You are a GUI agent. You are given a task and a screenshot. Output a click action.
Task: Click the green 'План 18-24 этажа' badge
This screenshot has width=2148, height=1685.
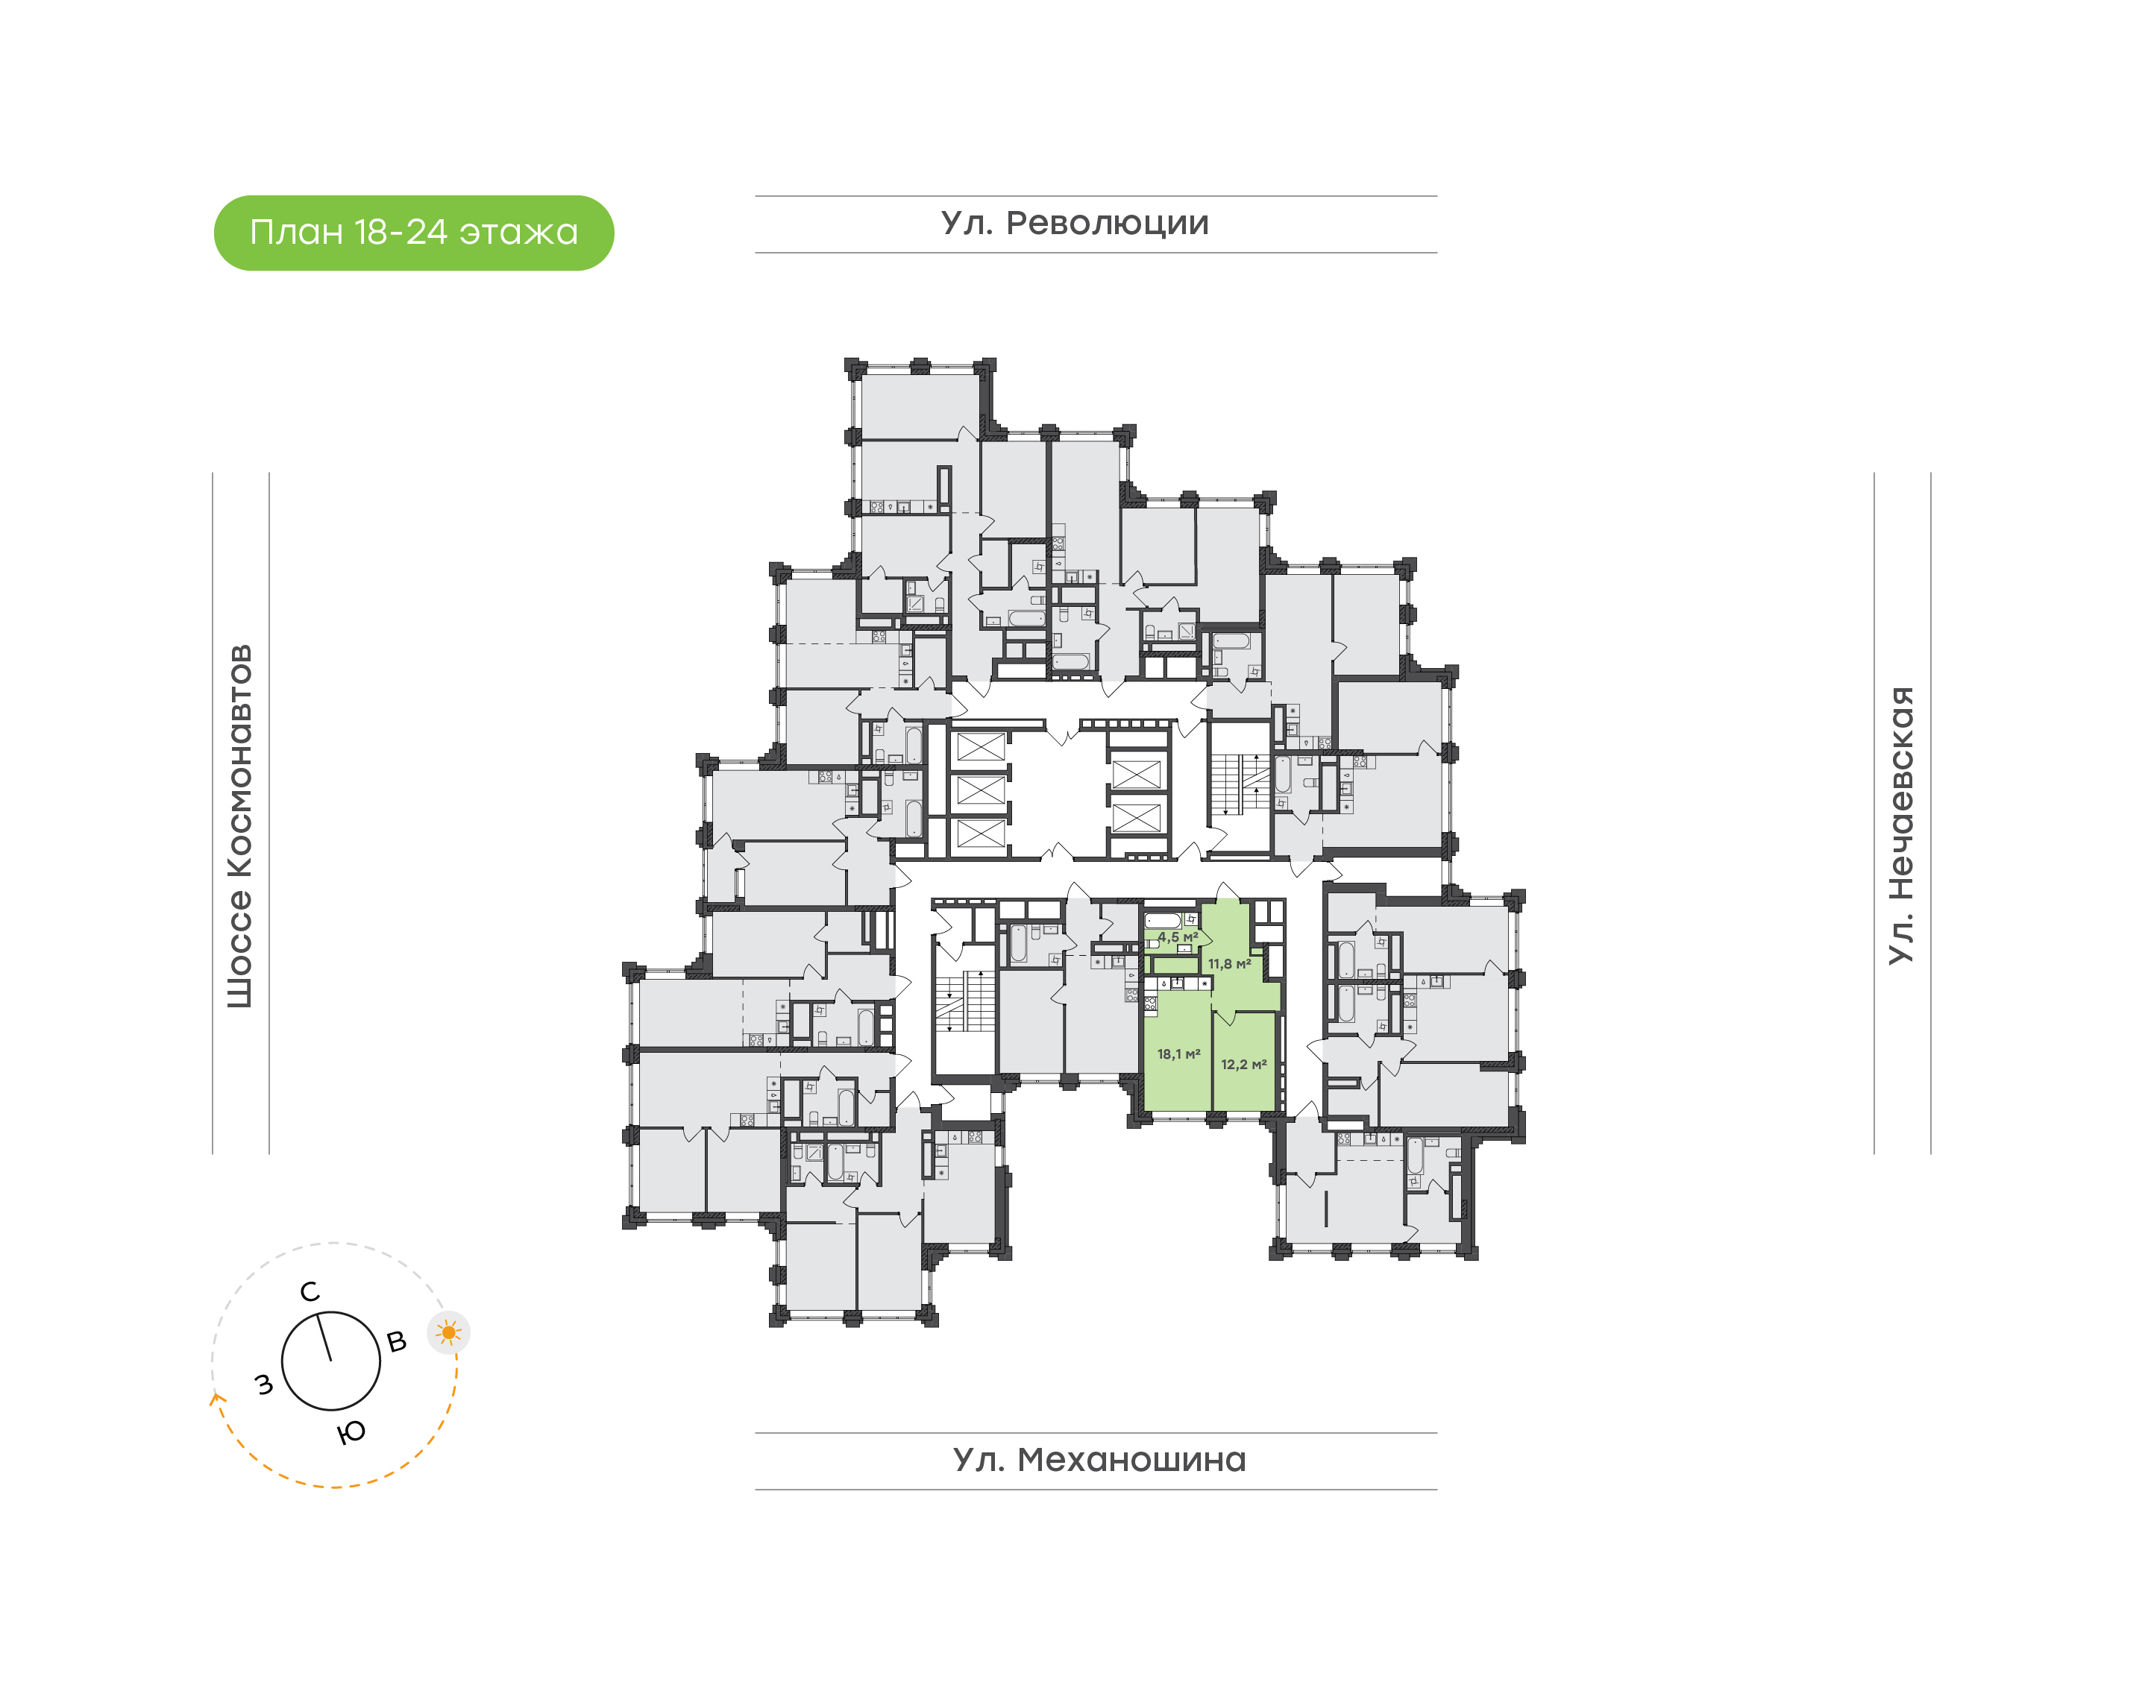click(x=413, y=233)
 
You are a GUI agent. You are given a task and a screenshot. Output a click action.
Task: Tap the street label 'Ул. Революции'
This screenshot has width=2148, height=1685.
click(x=1075, y=224)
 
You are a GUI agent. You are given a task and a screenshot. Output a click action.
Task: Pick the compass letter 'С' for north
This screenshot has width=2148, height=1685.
click(x=310, y=1292)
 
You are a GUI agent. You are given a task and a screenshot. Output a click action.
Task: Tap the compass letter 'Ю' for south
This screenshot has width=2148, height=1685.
click(x=351, y=1432)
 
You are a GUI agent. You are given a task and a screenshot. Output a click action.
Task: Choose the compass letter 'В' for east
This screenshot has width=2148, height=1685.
click(x=397, y=1342)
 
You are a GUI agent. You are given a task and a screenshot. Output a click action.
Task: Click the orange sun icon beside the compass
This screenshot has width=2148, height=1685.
click(x=449, y=1334)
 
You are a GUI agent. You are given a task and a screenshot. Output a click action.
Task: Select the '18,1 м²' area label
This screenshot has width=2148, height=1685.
click(x=1178, y=1054)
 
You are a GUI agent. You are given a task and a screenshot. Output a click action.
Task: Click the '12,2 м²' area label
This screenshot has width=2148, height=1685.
click(x=1243, y=1065)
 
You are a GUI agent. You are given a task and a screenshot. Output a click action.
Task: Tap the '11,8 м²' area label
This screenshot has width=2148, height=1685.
click(x=1229, y=964)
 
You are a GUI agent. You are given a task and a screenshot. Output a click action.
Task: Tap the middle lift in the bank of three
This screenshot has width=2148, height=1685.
click(x=981, y=790)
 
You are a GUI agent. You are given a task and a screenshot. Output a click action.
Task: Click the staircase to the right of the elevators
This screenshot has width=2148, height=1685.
click(x=1240, y=785)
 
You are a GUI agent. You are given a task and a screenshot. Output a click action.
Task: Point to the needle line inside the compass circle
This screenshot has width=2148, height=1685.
click(x=324, y=1339)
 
